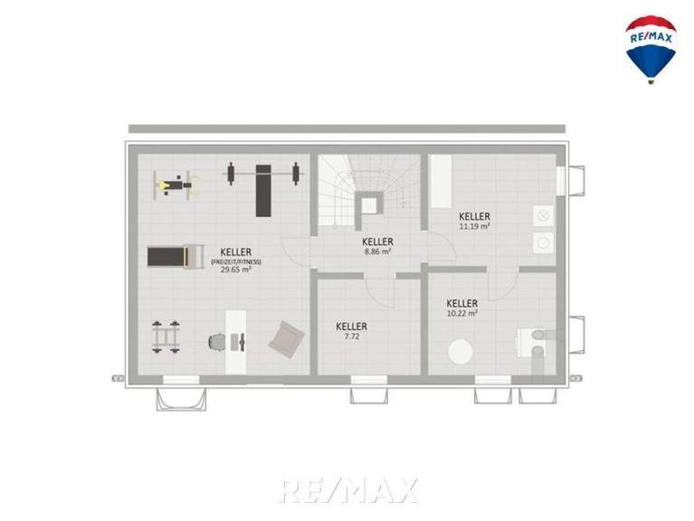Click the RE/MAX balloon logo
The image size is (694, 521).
click(x=651, y=50)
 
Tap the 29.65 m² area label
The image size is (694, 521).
click(x=236, y=270)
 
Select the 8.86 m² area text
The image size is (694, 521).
click(x=377, y=251)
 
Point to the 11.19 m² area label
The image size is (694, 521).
click(x=474, y=226)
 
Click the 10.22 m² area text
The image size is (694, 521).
click(x=462, y=314)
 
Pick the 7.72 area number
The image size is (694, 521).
click(x=351, y=336)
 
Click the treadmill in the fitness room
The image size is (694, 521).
click(x=176, y=257)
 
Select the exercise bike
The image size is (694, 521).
click(x=176, y=185)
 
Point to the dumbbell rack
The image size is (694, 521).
click(x=166, y=337)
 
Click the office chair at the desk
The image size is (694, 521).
click(x=217, y=342)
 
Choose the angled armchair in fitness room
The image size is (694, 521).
click(x=286, y=339)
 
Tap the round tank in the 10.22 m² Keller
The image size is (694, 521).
click(x=461, y=352)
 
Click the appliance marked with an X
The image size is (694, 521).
click(x=543, y=216)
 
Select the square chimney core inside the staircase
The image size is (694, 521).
click(x=369, y=205)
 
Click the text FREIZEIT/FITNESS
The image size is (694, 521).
click(x=236, y=261)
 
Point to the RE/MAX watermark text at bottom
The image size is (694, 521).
click(x=348, y=490)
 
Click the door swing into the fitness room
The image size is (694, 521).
click(x=297, y=252)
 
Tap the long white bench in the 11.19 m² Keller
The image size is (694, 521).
click(x=442, y=181)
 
